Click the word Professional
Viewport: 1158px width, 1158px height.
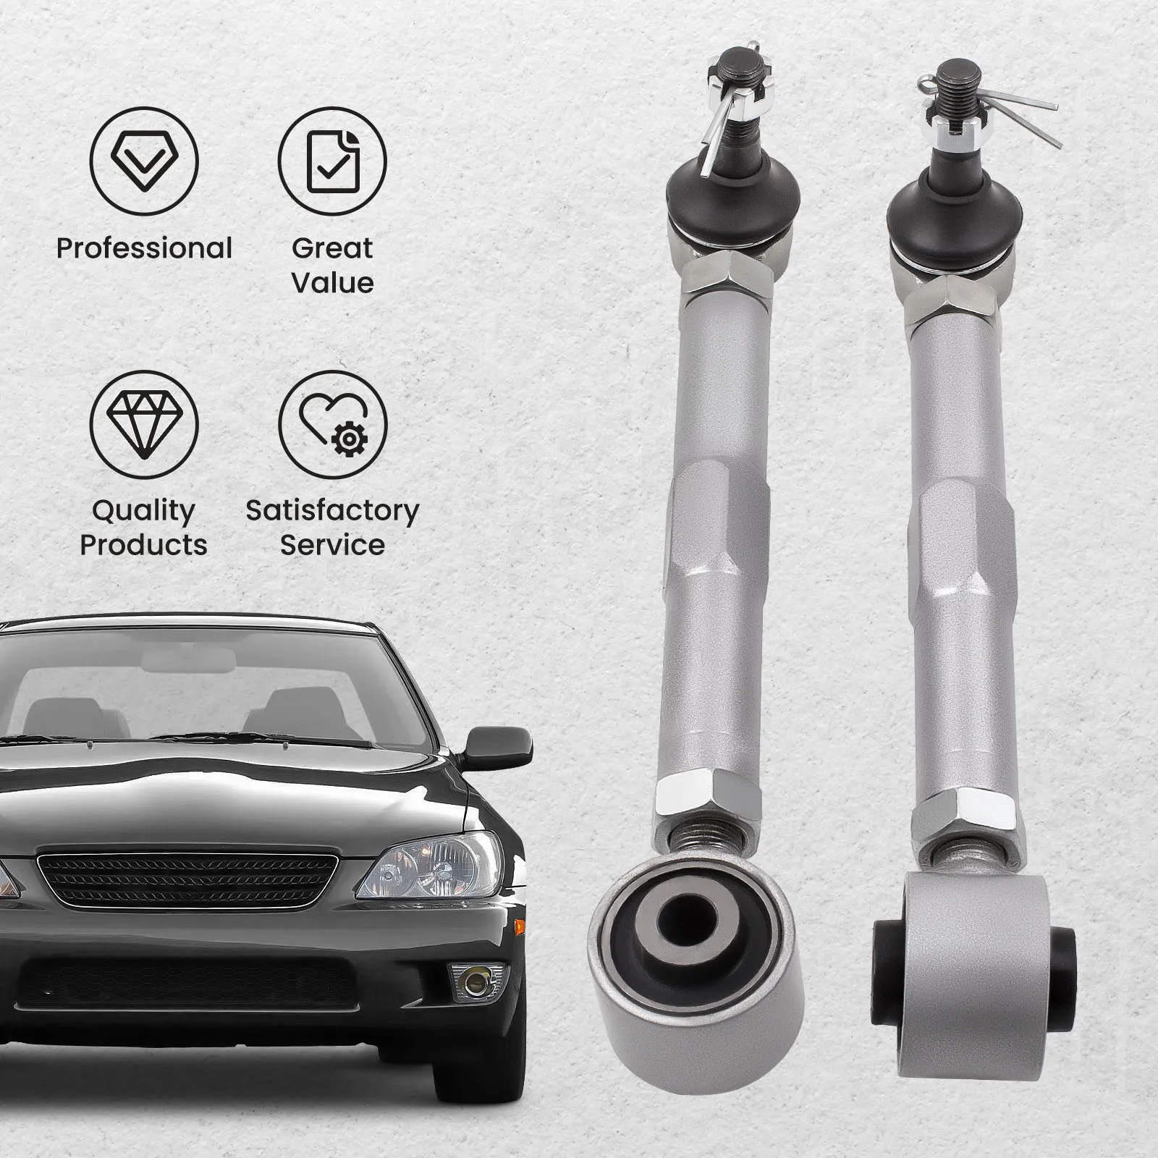click(144, 248)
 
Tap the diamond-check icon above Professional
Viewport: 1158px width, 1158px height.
click(144, 161)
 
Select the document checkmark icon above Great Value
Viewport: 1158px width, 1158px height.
click(332, 161)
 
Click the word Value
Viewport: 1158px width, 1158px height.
click(332, 282)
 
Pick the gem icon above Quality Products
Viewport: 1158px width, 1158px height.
click(144, 424)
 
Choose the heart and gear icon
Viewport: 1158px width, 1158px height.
click(333, 424)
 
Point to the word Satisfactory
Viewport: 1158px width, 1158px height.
click(332, 510)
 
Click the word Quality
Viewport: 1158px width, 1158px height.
click(144, 510)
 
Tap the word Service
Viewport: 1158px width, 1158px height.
click(332, 544)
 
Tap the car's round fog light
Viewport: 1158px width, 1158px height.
click(476, 981)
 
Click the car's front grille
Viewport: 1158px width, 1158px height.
click(187, 879)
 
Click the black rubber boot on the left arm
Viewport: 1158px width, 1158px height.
click(732, 194)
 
